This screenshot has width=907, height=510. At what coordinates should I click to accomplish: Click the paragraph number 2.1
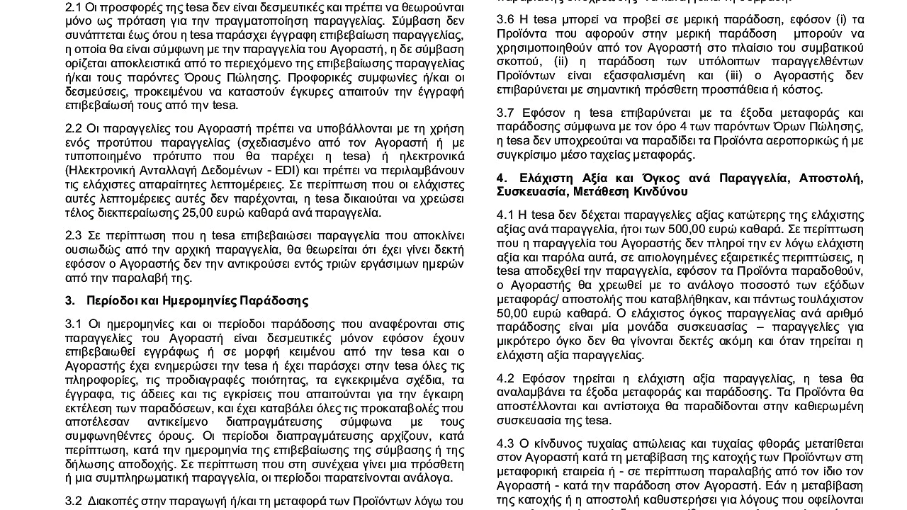click(x=73, y=6)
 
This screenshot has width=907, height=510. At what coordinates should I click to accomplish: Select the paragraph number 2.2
click(x=73, y=128)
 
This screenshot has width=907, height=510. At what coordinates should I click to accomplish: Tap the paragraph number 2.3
click(x=73, y=235)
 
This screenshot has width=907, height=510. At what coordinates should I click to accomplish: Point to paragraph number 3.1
click(x=73, y=324)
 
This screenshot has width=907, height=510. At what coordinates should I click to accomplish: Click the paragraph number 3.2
click(x=73, y=500)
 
